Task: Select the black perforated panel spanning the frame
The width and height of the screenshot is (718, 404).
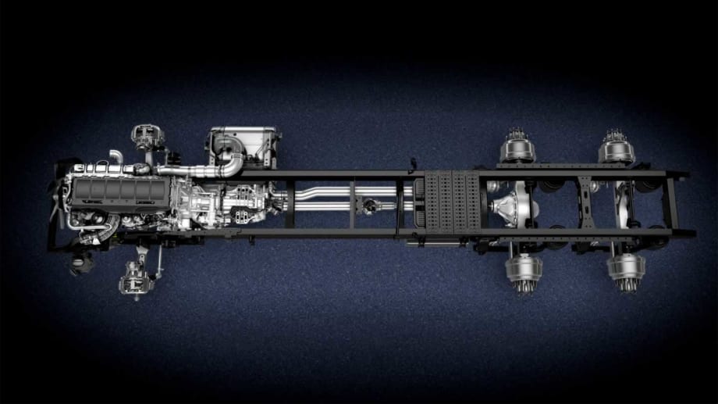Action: [x=448, y=204]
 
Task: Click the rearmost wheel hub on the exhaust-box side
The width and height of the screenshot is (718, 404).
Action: [x=617, y=148]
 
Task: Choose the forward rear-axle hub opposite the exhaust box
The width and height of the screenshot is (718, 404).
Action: [x=524, y=270]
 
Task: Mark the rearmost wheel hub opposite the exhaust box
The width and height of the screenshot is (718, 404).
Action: [x=626, y=270]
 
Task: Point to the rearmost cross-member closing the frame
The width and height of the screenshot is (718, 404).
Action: [x=674, y=205]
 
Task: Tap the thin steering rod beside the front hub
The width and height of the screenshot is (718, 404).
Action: [x=159, y=263]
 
